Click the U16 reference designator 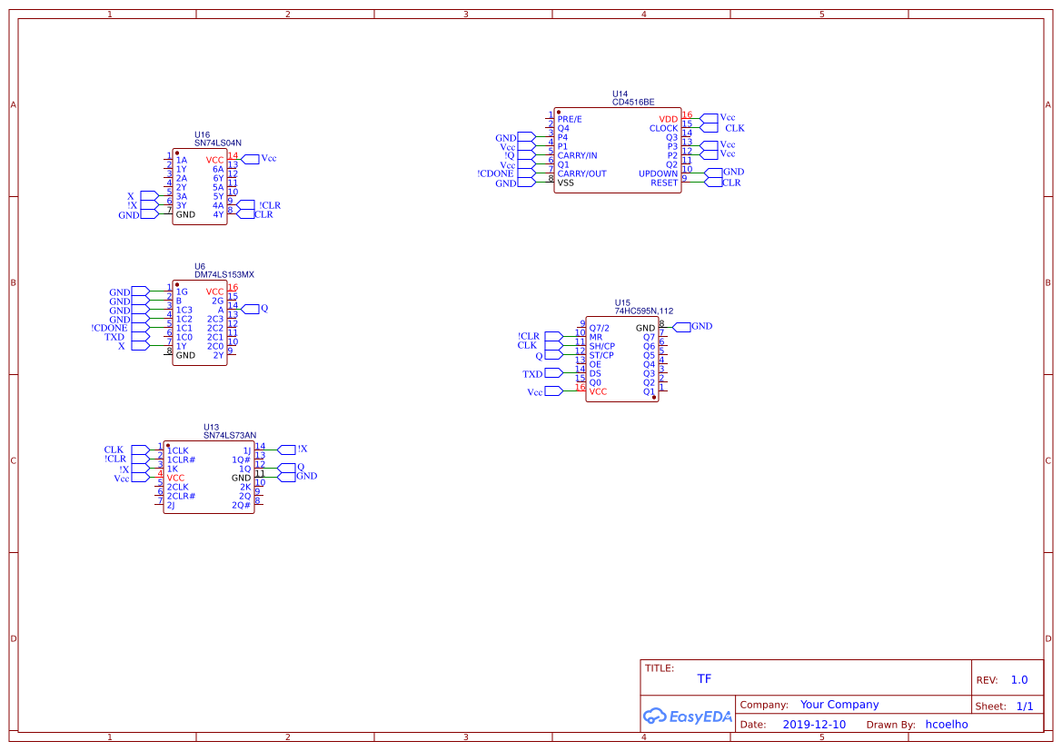pyautogui.click(x=202, y=134)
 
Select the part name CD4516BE pyautogui.click(x=633, y=103)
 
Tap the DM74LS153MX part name pyautogui.click(x=224, y=274)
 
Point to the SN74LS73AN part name pyautogui.click(x=230, y=435)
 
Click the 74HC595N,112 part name pyautogui.click(x=644, y=311)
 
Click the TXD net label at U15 pyautogui.click(x=532, y=374)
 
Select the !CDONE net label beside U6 pyautogui.click(x=110, y=328)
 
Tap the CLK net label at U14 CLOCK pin pyautogui.click(x=734, y=128)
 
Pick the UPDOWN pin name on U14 pyautogui.click(x=658, y=173)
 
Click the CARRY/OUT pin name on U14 pyautogui.click(x=581, y=173)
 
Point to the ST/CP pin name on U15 pyautogui.click(x=601, y=355)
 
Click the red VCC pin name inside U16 pyautogui.click(x=214, y=160)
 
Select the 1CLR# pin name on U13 pyautogui.click(x=181, y=459)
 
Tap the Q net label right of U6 pyautogui.click(x=264, y=309)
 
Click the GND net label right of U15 pyautogui.click(x=701, y=326)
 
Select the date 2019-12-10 pyautogui.click(x=813, y=725)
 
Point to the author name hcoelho pyautogui.click(x=947, y=725)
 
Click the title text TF pyautogui.click(x=704, y=679)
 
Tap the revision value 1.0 pyautogui.click(x=1019, y=680)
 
